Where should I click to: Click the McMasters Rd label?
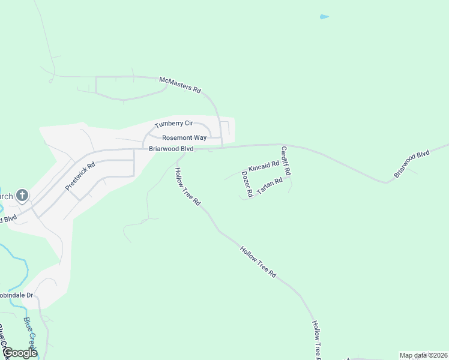[179, 85]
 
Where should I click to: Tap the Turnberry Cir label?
[174, 124]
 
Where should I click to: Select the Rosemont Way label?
[184, 138]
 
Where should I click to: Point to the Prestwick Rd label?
[80, 177]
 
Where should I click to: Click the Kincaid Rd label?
[264, 164]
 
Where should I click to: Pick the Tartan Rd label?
[270, 185]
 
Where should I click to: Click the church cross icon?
[22, 195]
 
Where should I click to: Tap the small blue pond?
[324, 17]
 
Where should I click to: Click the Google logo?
[19, 353]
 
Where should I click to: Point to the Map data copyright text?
[423, 355]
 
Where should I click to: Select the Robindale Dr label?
[18, 296]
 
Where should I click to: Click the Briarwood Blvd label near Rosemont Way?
[171, 149]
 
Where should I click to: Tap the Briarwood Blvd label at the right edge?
[412, 163]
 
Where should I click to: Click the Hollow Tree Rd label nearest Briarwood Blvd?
[187, 187]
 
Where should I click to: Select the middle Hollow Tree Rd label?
[258, 262]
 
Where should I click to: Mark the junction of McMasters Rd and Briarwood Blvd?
[222, 147]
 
